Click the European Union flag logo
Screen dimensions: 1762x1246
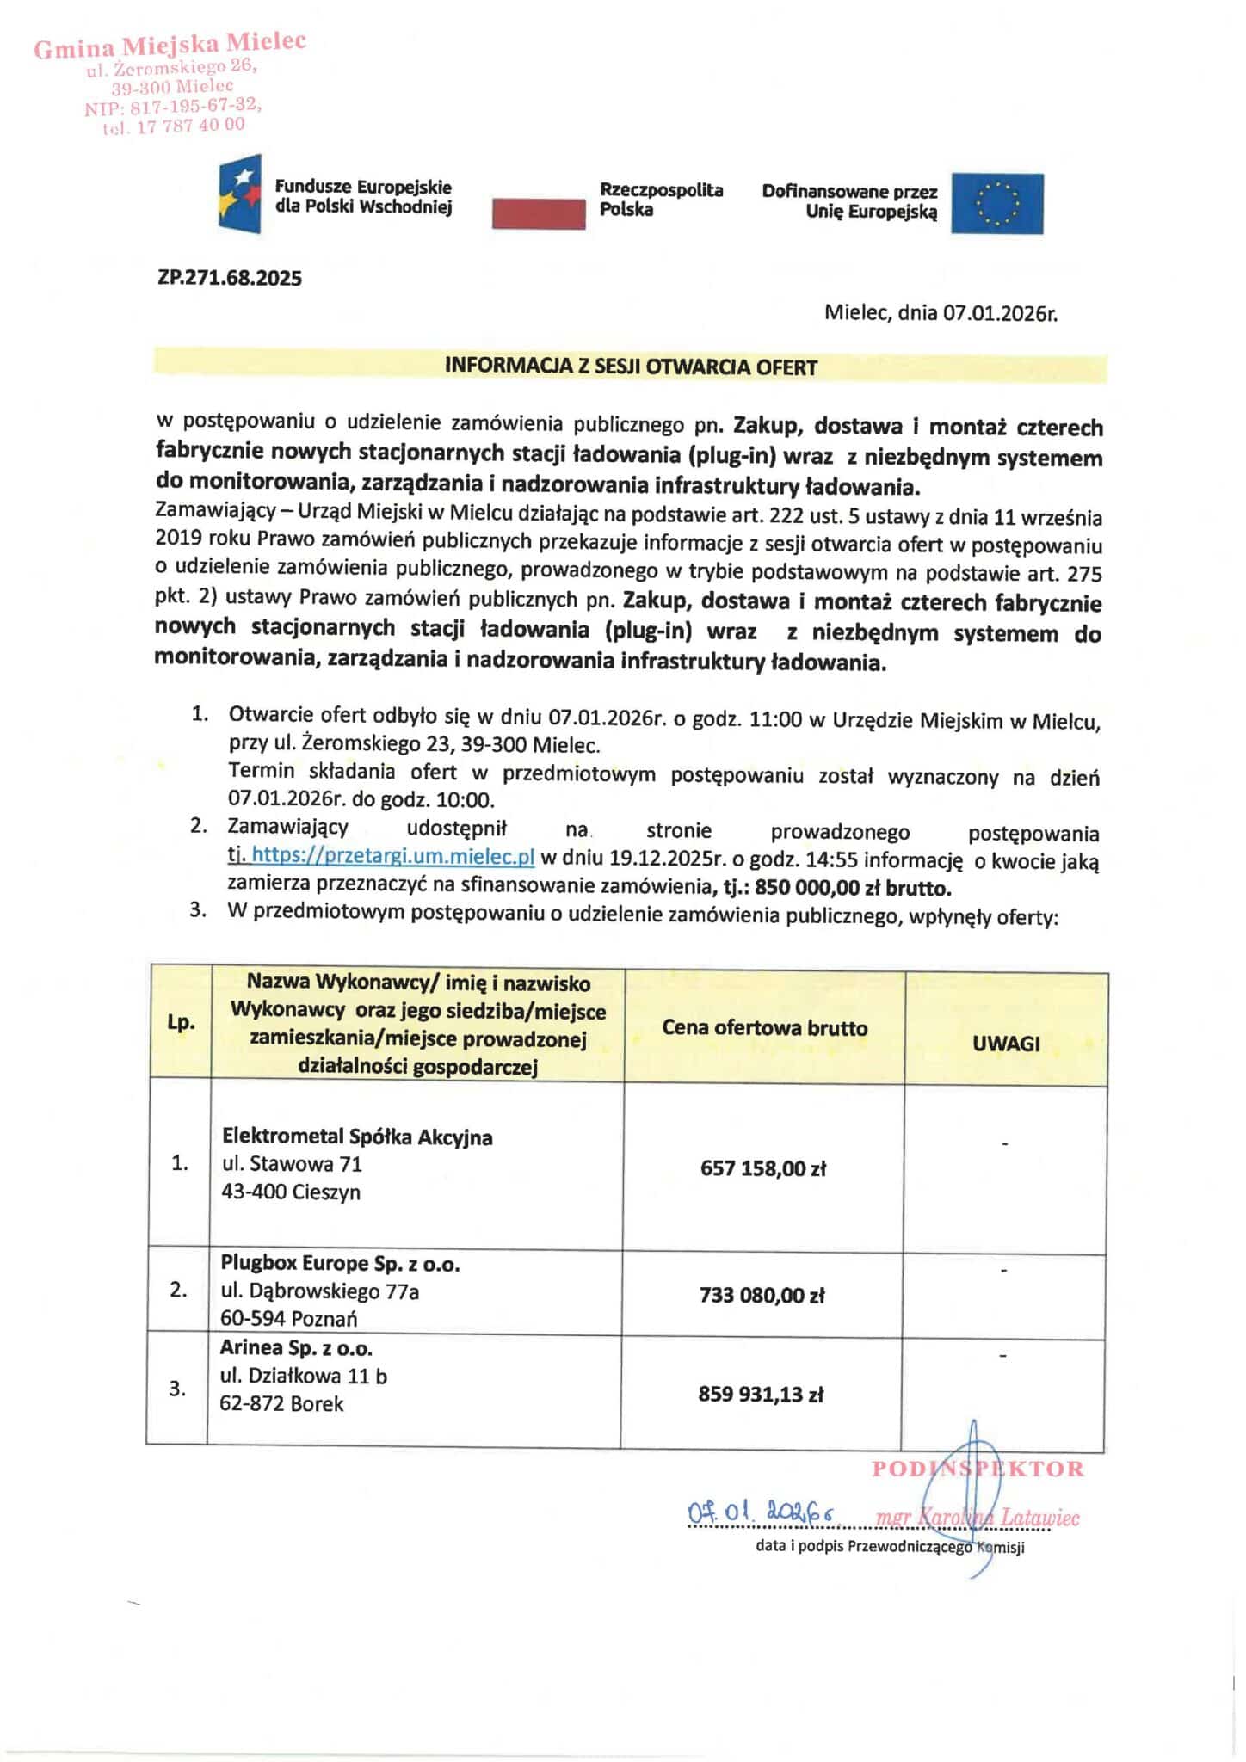996,204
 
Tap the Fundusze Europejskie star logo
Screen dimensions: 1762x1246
239,194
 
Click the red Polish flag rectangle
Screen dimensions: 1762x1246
538,213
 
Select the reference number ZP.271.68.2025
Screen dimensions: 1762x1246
230,278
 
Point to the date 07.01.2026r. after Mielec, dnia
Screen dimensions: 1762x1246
1000,313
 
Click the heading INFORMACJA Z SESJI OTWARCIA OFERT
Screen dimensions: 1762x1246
630,367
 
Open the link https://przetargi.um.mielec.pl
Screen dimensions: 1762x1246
393,857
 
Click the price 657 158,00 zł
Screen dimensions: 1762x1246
763,1168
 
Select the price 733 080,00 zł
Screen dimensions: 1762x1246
762,1295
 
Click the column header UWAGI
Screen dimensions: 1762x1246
1006,1044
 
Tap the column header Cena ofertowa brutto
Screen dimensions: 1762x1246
764,1027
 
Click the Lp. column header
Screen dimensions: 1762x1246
181,1022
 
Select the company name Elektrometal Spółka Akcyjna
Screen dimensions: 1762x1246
357,1137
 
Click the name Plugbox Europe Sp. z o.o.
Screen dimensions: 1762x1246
340,1263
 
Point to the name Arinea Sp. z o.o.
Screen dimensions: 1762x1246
296,1347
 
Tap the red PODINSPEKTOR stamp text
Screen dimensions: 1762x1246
978,1469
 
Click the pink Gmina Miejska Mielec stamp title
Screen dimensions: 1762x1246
170,45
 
